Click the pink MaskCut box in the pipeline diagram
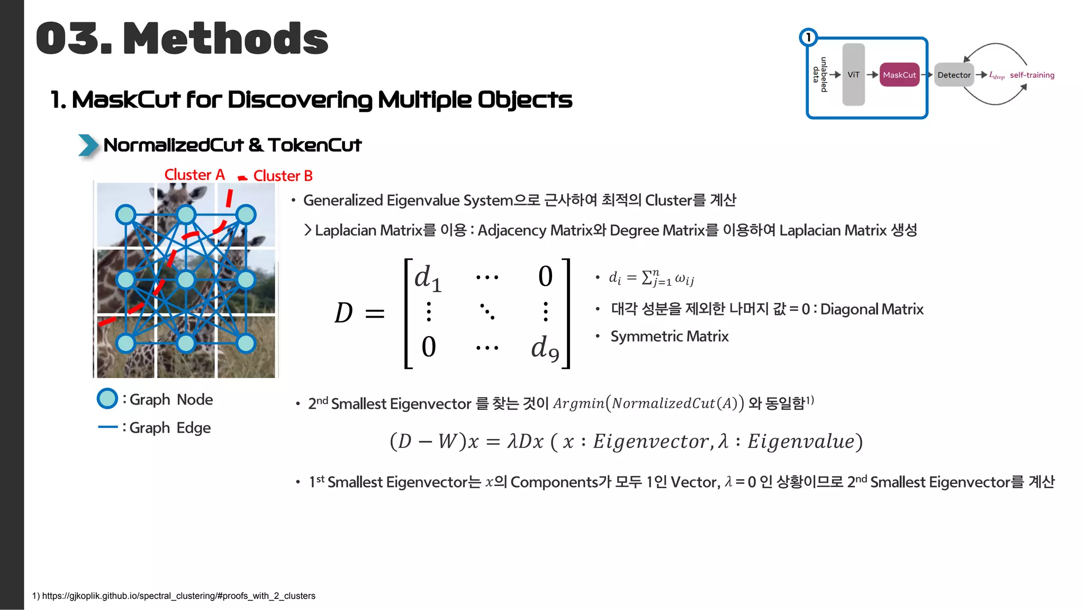(899, 75)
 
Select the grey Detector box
(954, 75)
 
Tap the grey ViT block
(853, 75)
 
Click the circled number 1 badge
(808, 37)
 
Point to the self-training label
(1032, 75)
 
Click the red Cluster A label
(194, 174)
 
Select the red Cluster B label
(283, 176)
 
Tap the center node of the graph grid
(186, 279)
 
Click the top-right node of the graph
(246, 214)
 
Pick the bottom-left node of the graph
(125, 343)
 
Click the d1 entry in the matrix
(428, 277)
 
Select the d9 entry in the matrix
(545, 348)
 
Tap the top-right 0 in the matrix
(545, 276)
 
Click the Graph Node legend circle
(107, 399)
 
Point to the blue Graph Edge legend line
(108, 427)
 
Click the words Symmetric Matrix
(670, 336)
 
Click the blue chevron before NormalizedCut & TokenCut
(88, 145)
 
